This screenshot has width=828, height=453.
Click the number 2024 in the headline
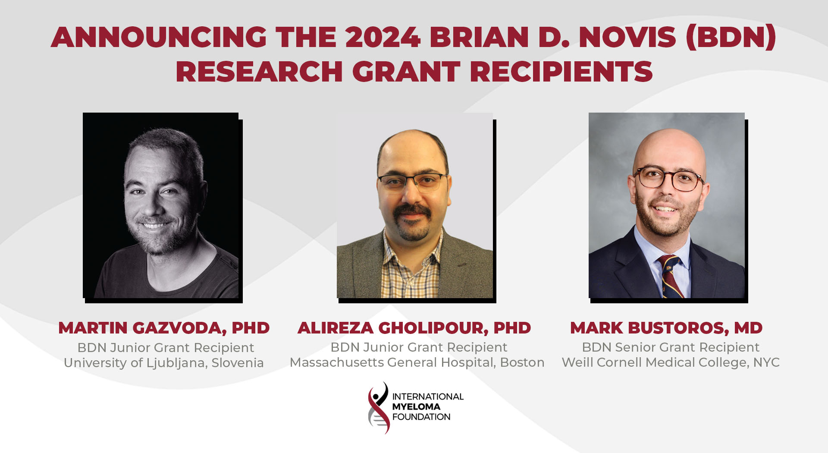(383, 37)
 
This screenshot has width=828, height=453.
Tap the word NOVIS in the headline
(627, 37)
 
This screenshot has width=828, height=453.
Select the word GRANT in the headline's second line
(406, 72)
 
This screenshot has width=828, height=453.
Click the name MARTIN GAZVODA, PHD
(164, 328)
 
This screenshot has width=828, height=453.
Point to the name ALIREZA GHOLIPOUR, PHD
(414, 328)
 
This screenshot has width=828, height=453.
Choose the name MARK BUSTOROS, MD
(666, 328)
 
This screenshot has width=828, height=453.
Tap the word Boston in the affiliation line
(522, 362)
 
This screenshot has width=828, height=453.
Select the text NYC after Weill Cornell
(766, 362)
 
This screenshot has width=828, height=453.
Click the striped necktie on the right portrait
(669, 276)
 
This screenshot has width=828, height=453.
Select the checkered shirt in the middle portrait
(412, 272)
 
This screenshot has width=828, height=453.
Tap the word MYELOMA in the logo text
(416, 406)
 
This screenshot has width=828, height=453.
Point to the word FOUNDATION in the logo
(421, 417)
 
